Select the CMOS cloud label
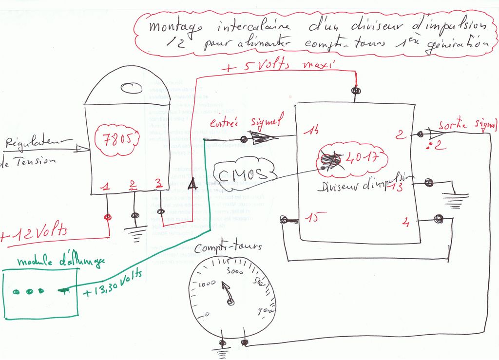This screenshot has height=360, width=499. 243,174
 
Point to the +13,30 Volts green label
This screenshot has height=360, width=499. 112,284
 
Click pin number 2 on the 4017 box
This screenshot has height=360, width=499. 401,134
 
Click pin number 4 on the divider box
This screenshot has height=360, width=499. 405,224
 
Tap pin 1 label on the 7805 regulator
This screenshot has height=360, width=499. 106,186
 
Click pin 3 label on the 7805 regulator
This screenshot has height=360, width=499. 157,184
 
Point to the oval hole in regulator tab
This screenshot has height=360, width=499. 131,88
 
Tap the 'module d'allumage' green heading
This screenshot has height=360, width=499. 61,262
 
